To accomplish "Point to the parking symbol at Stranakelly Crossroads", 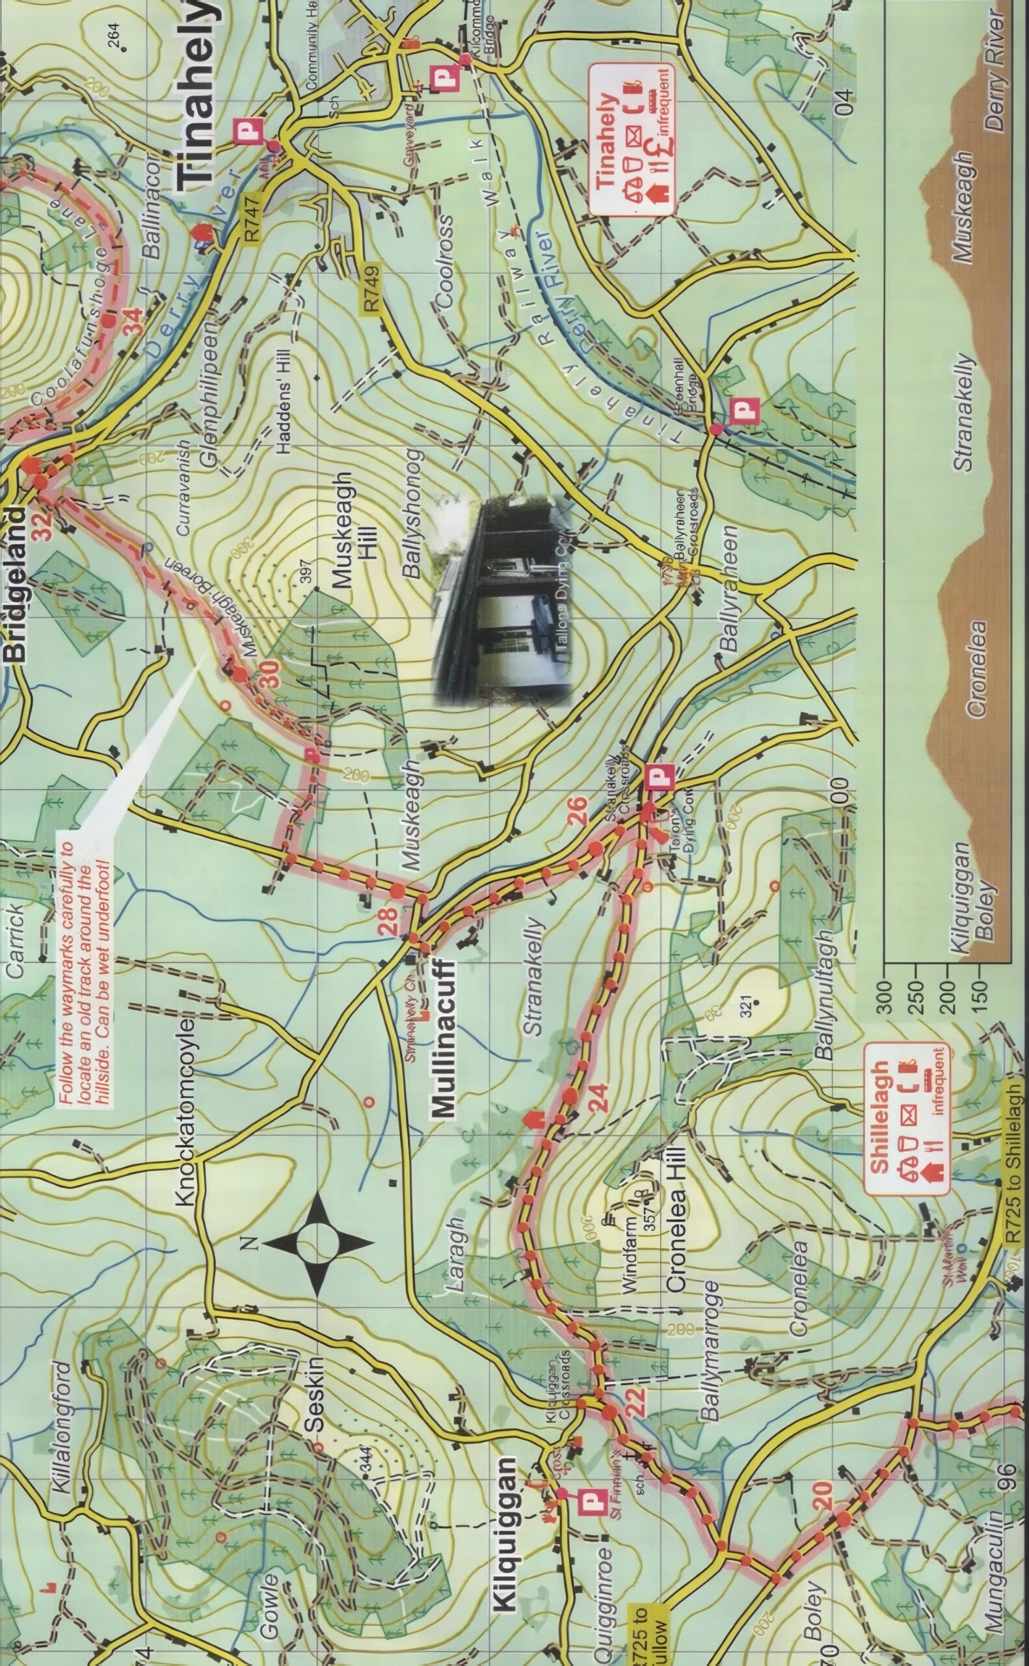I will pos(661,776).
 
